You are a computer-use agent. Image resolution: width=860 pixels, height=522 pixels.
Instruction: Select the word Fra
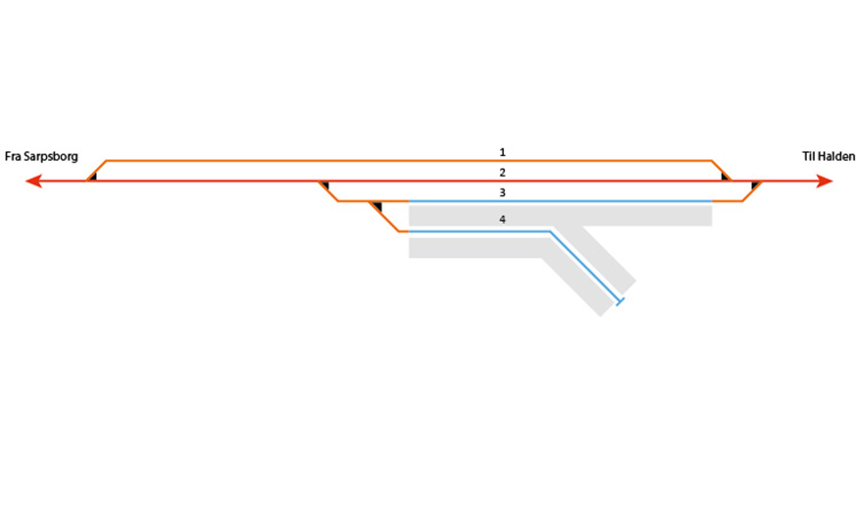(x=13, y=156)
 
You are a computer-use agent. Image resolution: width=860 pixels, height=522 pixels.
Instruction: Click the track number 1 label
(x=503, y=152)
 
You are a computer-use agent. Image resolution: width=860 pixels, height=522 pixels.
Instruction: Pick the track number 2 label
(x=503, y=173)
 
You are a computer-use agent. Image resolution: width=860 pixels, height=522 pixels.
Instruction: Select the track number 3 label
(x=503, y=192)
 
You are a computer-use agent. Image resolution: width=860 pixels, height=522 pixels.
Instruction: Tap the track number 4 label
(x=503, y=219)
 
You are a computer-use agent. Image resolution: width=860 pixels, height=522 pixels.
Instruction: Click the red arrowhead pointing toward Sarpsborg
(x=33, y=181)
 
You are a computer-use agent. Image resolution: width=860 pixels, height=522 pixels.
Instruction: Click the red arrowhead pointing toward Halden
(x=825, y=181)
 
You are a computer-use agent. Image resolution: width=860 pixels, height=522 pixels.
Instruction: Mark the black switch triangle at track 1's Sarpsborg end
(x=93, y=176)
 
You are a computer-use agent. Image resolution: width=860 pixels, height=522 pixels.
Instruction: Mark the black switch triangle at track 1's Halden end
(x=725, y=176)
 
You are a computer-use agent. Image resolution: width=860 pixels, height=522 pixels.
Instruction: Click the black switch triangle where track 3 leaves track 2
(x=325, y=185)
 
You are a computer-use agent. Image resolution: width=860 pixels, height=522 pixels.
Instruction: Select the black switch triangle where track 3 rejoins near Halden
(x=755, y=185)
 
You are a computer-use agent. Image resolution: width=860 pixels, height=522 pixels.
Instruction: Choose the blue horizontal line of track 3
(x=559, y=201)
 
